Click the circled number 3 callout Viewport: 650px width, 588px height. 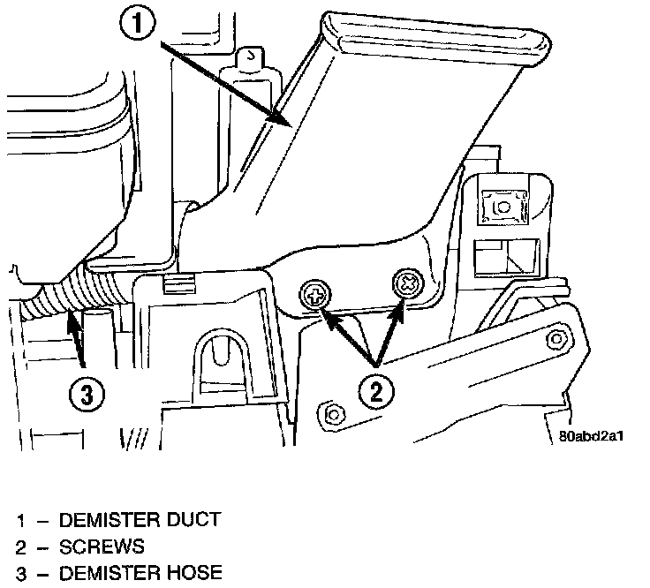coord(86,395)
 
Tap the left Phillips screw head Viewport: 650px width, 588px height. coord(313,294)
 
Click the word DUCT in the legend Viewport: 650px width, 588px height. coord(191,520)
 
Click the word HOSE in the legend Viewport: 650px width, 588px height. coord(193,575)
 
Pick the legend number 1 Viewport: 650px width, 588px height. coord(19,520)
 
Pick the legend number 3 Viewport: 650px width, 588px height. coord(19,575)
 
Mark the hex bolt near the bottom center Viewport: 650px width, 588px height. coord(332,412)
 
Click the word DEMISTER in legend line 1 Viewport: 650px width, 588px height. coord(109,520)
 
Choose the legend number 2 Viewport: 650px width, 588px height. coord(19,547)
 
